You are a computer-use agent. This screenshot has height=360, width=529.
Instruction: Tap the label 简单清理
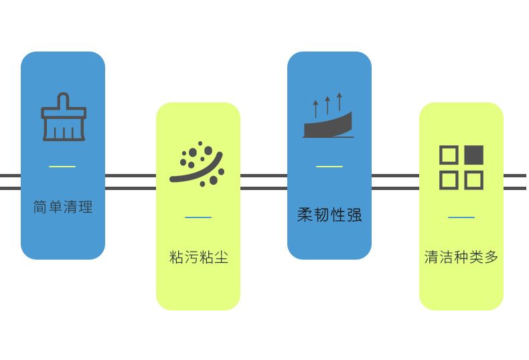(x=63, y=207)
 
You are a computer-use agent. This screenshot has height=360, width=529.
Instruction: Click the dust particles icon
(x=197, y=163)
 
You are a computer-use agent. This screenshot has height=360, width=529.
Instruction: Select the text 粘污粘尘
(x=198, y=257)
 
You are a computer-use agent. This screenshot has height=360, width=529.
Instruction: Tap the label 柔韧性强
(x=329, y=215)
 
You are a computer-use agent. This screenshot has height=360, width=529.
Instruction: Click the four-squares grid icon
(x=461, y=167)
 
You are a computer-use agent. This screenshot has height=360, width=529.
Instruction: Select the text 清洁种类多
(x=461, y=257)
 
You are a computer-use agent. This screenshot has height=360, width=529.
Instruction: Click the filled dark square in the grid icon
(x=473, y=155)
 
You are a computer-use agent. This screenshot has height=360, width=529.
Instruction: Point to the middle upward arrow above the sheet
(x=327, y=106)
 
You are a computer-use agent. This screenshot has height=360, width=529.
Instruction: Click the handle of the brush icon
(x=64, y=100)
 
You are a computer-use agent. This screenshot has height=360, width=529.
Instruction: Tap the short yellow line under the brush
(x=62, y=167)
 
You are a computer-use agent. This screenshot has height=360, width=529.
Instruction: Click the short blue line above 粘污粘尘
(x=198, y=217)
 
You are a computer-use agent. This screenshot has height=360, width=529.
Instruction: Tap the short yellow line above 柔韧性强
(x=329, y=167)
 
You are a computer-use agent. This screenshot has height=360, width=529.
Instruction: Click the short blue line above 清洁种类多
(x=461, y=217)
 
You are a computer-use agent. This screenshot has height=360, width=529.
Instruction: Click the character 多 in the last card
(x=492, y=257)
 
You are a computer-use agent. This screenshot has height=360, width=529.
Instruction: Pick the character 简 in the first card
(x=40, y=207)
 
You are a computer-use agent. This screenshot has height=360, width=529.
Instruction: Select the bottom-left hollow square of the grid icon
(x=449, y=180)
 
